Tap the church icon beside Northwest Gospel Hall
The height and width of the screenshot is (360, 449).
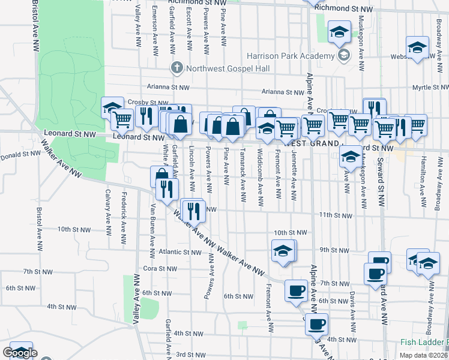coord(176,67)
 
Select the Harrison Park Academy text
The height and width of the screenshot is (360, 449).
coord(291,56)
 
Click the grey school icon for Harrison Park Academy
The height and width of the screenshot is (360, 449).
coord(344,56)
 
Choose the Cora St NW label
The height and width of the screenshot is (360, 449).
coord(158,268)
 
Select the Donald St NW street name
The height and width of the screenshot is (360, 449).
coord(20,154)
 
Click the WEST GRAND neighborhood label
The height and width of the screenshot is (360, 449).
coord(309,145)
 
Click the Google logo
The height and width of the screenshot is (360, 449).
coord(20,352)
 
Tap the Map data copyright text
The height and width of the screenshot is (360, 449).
coord(423,355)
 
